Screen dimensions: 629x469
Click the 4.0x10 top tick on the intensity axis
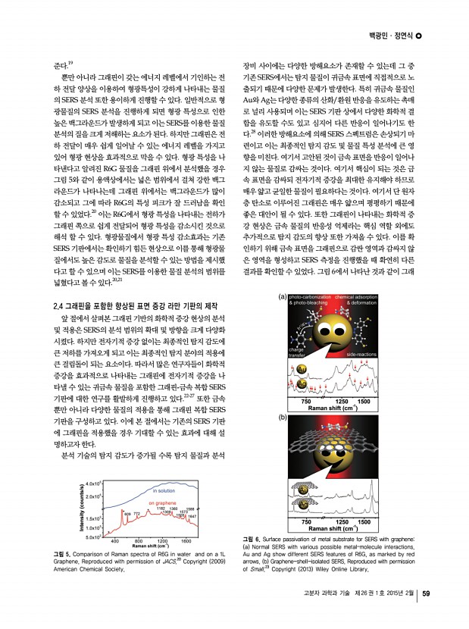94,483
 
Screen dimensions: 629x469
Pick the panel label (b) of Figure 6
282,418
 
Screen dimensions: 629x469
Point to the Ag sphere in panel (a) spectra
302,384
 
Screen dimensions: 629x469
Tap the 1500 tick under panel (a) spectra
363,399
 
